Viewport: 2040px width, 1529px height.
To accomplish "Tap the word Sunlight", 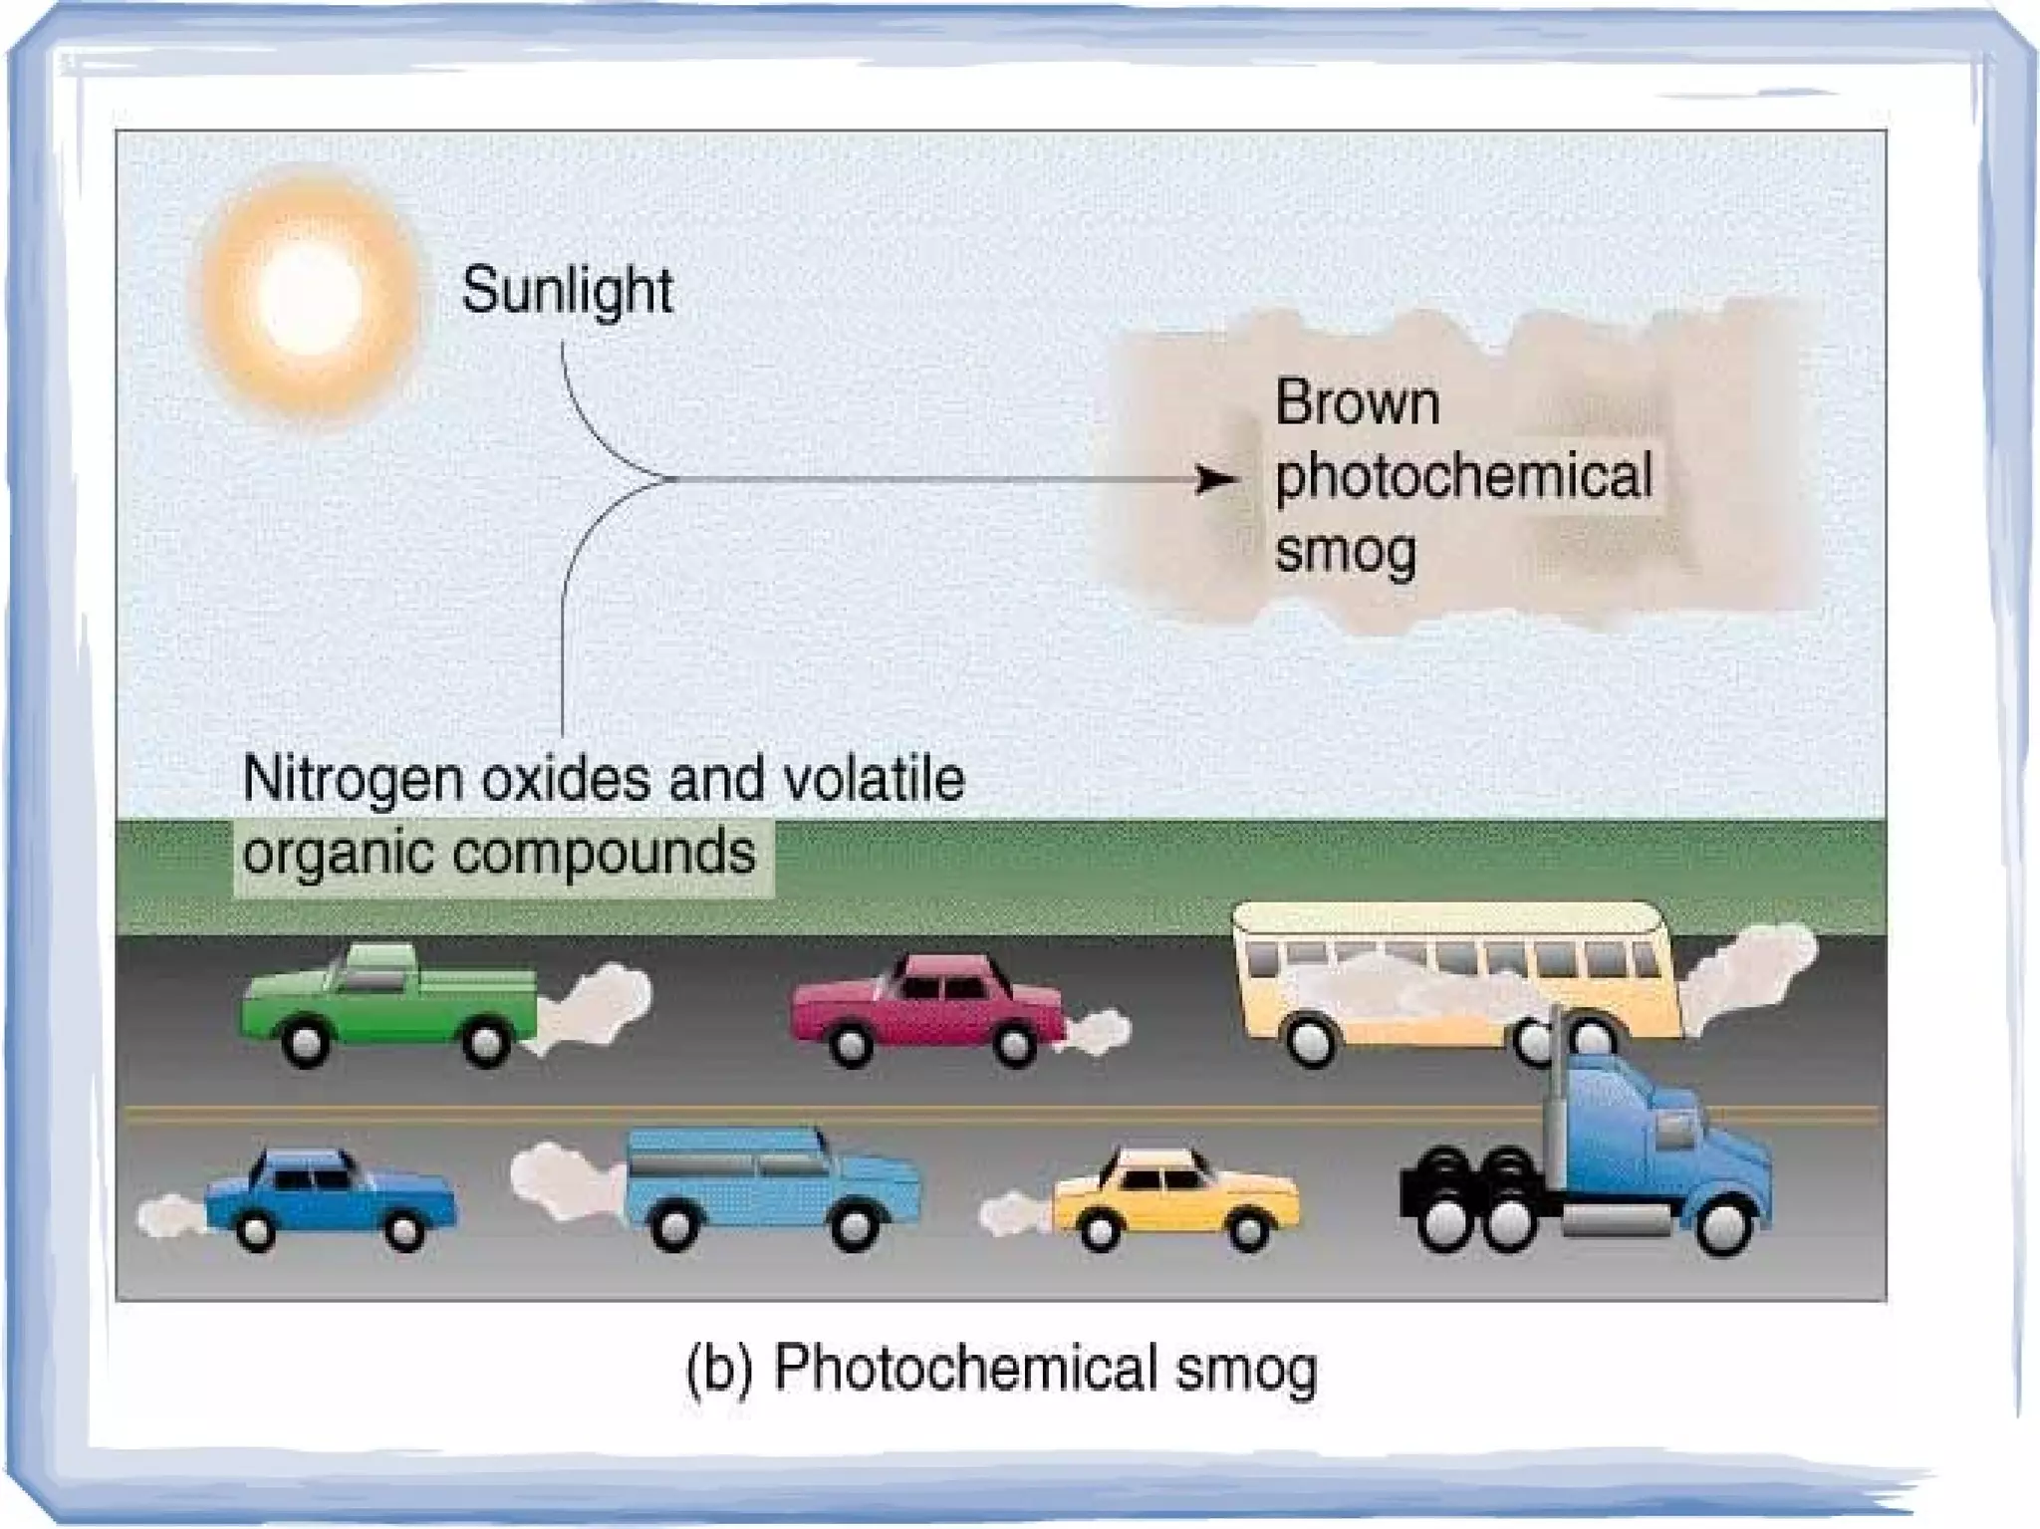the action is [x=567, y=292].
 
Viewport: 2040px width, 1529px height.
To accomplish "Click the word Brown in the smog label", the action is [x=1357, y=403].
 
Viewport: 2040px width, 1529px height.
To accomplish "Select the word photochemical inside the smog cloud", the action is [x=1463, y=476].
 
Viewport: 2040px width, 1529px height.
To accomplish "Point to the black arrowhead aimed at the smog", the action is [x=1214, y=481].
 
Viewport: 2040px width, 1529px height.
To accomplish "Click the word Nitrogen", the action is [x=353, y=778].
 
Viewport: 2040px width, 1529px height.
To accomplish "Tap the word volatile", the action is [x=874, y=778].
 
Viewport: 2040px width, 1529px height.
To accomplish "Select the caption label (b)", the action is [x=718, y=1369].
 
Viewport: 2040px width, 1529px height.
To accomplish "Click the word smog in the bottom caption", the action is [x=1245, y=1371].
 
